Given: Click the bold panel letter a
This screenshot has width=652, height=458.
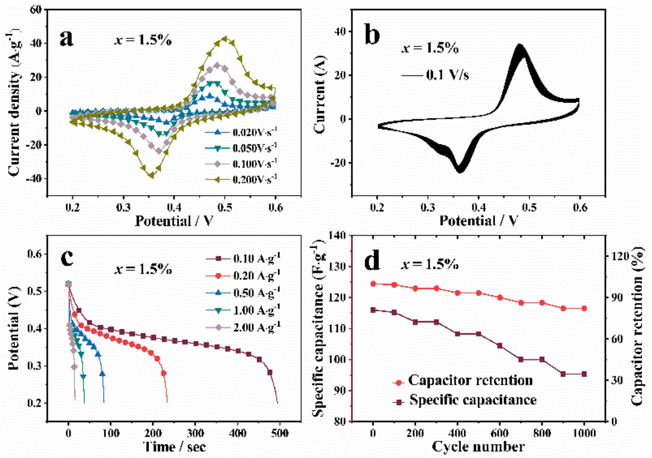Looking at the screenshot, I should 67,39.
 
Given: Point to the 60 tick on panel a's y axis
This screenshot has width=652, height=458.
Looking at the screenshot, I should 36,10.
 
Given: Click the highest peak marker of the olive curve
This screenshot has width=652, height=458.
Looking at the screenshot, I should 225,39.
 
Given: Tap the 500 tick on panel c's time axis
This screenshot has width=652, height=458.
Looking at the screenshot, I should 280,433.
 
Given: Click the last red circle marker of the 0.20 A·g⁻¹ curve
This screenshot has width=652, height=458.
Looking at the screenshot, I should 164,373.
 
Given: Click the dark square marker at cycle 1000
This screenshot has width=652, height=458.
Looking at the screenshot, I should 584,374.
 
